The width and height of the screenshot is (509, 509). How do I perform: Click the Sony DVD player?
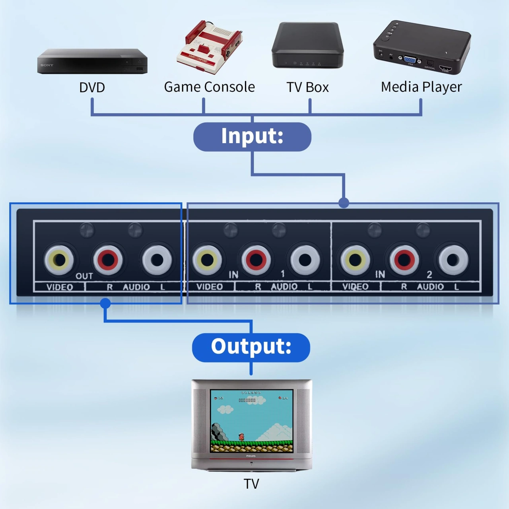click(92, 62)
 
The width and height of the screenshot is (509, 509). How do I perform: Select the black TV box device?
click(307, 46)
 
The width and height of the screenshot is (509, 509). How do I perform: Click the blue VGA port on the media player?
click(410, 59)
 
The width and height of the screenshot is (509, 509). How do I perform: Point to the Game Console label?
click(209, 87)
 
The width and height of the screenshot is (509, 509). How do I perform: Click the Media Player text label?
click(421, 87)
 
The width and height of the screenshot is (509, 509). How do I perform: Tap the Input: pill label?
click(252, 136)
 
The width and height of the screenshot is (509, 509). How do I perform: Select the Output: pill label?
click(251, 347)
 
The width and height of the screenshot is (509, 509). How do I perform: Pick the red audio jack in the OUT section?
click(108, 260)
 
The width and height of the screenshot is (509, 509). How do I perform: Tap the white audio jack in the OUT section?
click(157, 260)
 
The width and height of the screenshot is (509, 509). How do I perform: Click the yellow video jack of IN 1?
click(207, 260)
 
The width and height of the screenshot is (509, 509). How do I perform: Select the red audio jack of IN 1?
click(256, 260)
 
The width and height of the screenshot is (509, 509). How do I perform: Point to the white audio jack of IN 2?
click(453, 260)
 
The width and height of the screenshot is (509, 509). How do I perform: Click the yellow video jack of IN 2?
click(355, 260)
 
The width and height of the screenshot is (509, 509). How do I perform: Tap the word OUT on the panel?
click(84, 276)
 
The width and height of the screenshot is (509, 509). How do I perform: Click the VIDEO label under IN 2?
click(356, 287)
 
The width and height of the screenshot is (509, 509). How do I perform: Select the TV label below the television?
click(251, 484)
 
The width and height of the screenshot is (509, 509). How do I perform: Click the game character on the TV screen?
click(241, 437)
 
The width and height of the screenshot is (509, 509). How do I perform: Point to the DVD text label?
click(92, 87)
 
